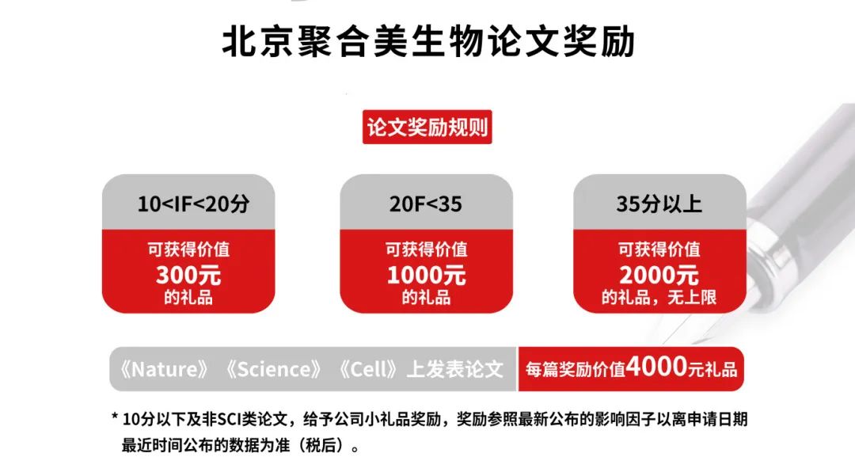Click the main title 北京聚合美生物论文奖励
tap(428, 42)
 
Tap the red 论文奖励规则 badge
tap(427, 127)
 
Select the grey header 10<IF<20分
tap(193, 204)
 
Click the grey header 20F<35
tap(425, 204)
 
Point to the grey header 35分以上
tap(659, 204)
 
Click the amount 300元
tap(188, 275)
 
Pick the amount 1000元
tap(426, 275)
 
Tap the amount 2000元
tap(659, 275)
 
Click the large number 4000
tap(656, 367)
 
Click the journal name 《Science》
tap(274, 369)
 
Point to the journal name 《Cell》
tap(367, 369)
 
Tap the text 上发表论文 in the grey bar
tap(454, 369)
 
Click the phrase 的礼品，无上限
tap(659, 297)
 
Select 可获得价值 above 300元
tap(188, 249)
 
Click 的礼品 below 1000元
tap(426, 297)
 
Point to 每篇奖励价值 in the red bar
tap(576, 369)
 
